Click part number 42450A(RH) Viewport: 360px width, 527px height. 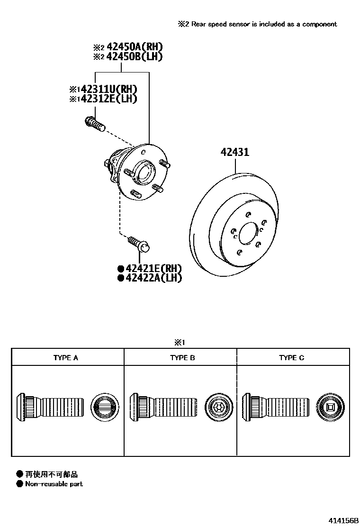click(x=135, y=47)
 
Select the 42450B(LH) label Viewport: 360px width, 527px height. click(x=135, y=57)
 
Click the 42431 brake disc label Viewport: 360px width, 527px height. click(x=234, y=153)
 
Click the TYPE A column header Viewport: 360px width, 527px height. click(x=66, y=358)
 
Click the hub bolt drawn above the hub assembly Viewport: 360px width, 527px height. click(x=94, y=125)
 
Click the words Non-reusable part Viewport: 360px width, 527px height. click(x=54, y=484)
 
